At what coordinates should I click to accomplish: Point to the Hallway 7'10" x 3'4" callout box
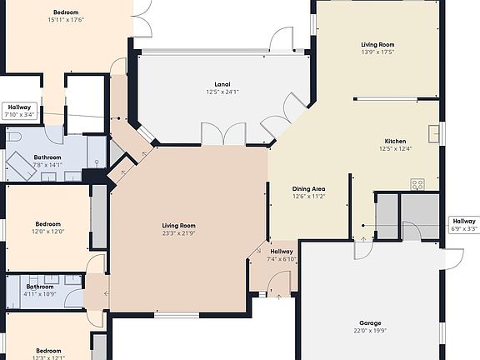point(20,111)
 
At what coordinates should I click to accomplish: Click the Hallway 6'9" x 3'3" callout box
point(464,224)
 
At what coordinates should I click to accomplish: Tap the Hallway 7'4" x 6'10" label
point(281,255)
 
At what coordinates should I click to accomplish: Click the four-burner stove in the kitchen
point(417,184)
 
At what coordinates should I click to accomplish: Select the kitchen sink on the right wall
point(433,133)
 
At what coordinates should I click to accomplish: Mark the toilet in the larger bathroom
point(12,136)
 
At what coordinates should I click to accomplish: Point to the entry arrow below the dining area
point(363,227)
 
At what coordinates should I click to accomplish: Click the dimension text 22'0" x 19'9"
point(370,332)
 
